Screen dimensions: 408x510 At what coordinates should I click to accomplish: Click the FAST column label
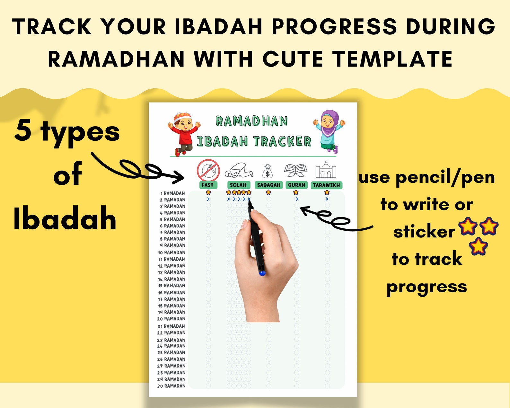(x=208, y=185)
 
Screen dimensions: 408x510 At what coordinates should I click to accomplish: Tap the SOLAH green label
(x=238, y=185)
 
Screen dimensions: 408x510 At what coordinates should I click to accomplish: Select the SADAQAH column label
(x=268, y=185)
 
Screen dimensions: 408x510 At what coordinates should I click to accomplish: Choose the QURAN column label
(x=296, y=185)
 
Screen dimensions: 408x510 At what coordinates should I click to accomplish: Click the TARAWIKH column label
(x=326, y=185)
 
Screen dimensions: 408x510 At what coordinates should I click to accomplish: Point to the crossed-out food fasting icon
(x=208, y=170)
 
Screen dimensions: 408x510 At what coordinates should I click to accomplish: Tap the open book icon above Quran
(x=296, y=170)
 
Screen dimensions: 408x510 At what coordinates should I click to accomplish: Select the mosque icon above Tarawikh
(x=326, y=170)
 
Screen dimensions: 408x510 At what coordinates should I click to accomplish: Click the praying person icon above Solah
(x=238, y=171)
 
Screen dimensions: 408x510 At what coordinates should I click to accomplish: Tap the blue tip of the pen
(x=262, y=273)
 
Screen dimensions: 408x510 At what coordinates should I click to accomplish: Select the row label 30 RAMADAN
(x=171, y=386)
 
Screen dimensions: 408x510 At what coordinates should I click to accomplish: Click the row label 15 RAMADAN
(x=171, y=286)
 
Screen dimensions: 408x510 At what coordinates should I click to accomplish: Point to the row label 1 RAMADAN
(x=172, y=193)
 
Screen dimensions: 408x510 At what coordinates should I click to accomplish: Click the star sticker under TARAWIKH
(x=327, y=192)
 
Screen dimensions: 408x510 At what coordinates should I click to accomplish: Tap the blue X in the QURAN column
(x=297, y=199)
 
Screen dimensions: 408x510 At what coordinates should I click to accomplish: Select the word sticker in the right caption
(x=424, y=232)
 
